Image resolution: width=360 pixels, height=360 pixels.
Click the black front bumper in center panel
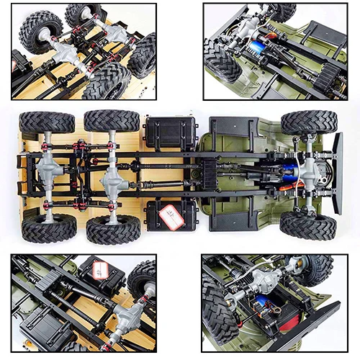point(336,174)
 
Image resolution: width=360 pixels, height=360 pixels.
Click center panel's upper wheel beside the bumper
point(308,122)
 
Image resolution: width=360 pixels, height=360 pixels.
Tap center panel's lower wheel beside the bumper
point(307,225)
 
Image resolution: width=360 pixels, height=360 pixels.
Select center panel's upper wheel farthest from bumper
point(47,122)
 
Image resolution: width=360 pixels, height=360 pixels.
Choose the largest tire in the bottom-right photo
point(217,310)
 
